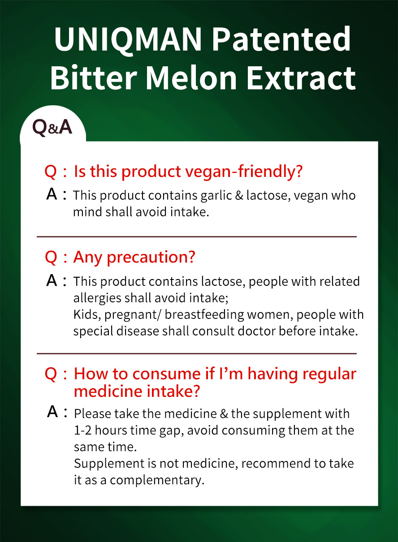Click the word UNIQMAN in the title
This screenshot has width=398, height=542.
tap(128, 40)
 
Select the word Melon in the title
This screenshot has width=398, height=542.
tap(191, 77)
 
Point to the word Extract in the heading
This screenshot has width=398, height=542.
tap(301, 77)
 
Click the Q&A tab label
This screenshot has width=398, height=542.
tap(52, 127)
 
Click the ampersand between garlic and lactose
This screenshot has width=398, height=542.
tap(239, 195)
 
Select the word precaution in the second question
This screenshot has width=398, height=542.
tap(151, 257)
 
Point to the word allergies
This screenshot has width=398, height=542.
tap(97, 298)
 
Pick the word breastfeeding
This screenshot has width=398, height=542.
tap(204, 315)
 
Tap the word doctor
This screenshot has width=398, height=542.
tap(257, 331)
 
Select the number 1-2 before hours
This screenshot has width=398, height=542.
tap(83, 430)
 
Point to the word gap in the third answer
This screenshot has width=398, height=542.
tap(171, 431)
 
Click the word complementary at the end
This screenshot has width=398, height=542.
tap(157, 480)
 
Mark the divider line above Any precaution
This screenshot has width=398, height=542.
tap(197, 237)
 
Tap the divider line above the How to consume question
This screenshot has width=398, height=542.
tap(197, 353)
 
